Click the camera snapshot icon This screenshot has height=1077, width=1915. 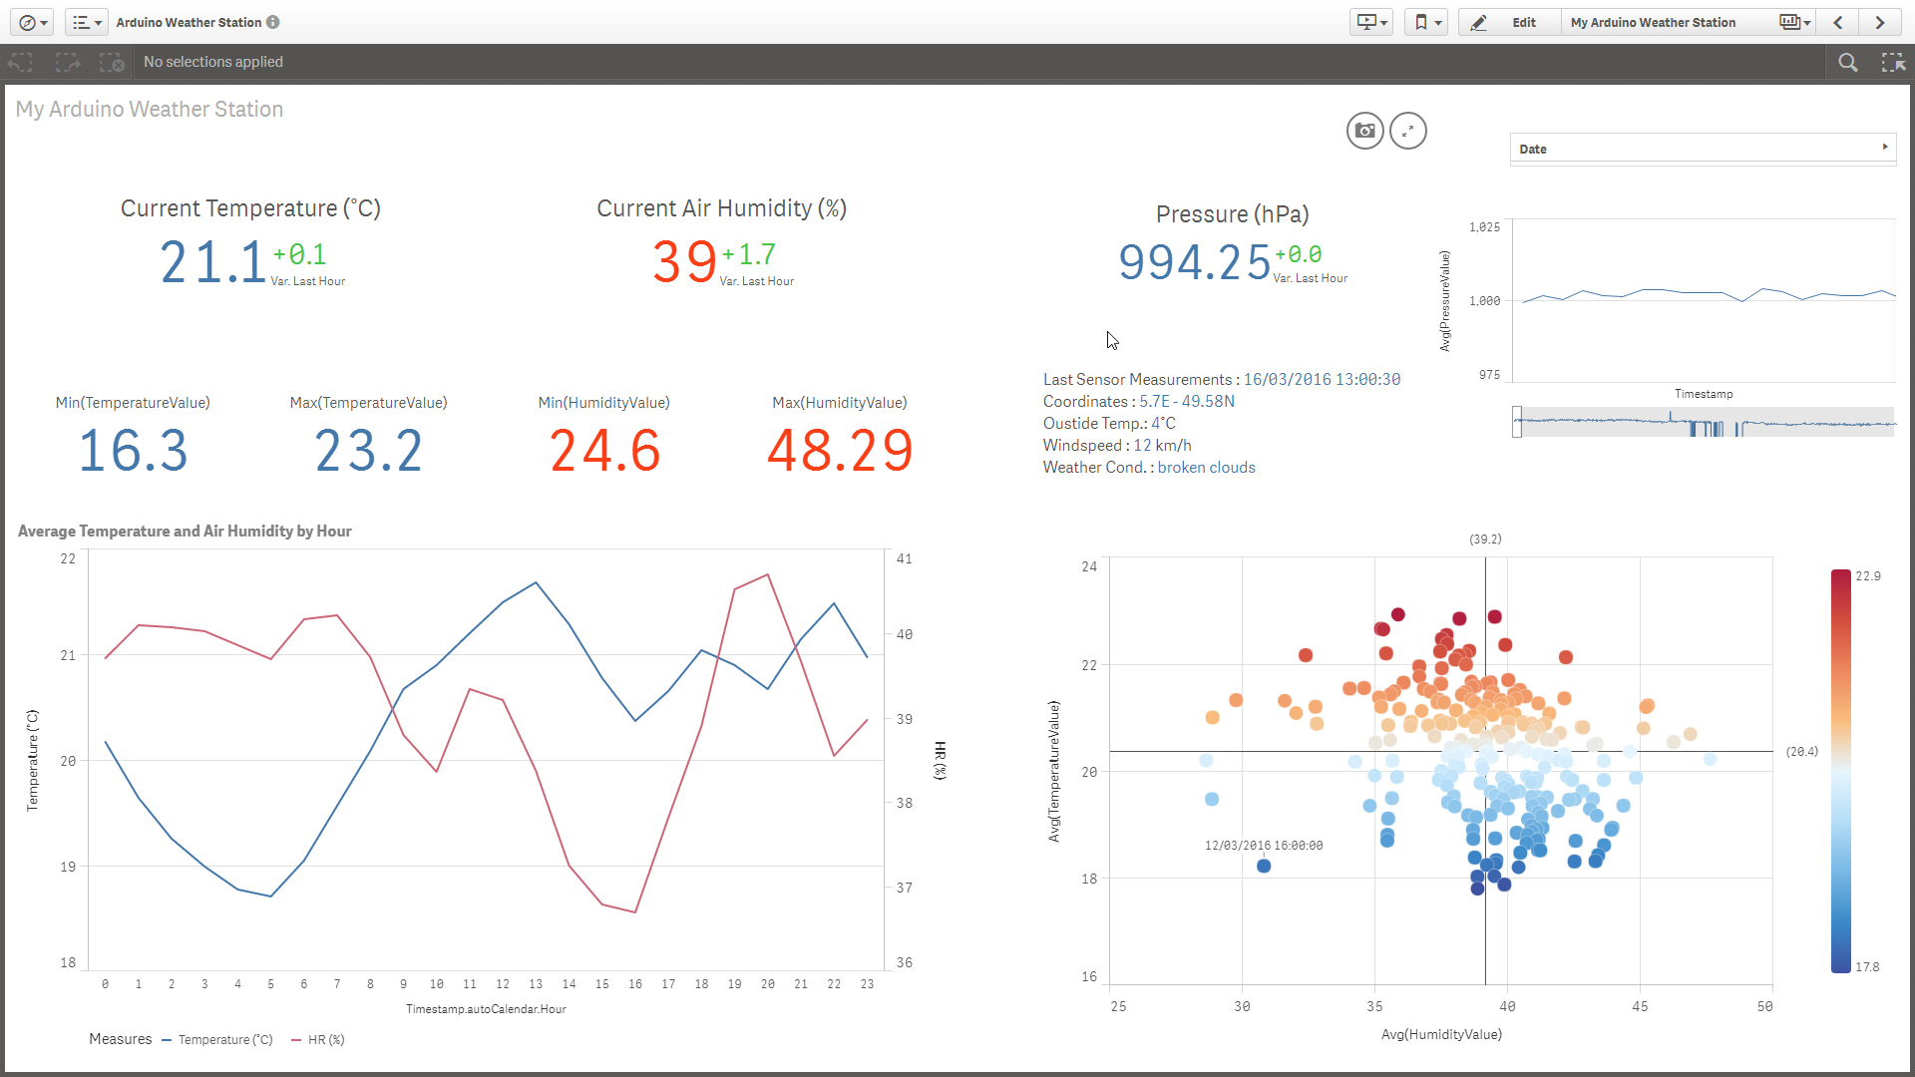[x=1364, y=131]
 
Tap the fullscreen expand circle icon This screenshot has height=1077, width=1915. [x=1407, y=131]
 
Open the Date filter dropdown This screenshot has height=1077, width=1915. [x=1702, y=149]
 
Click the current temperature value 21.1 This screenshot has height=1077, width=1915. [x=212, y=262]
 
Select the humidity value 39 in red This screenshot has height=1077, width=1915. [x=684, y=262]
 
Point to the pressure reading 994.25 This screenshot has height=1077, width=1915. [x=1194, y=262]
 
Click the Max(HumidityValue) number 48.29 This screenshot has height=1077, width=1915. [x=840, y=451]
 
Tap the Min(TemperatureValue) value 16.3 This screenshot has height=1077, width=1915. [x=133, y=451]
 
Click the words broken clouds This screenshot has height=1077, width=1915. [x=1206, y=468]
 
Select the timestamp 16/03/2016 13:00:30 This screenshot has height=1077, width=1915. [x=1322, y=380]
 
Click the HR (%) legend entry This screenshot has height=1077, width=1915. [x=318, y=1040]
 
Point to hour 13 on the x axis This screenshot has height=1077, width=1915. [x=536, y=984]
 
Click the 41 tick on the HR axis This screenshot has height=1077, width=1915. [x=904, y=559]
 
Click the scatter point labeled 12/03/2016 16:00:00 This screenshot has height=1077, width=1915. [x=1264, y=866]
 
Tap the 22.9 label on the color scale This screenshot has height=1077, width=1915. [x=1867, y=576]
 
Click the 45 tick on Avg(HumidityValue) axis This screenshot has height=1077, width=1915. [x=1640, y=1006]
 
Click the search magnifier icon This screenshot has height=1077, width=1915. [x=1847, y=63]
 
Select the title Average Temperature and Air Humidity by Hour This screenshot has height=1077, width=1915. [x=185, y=532]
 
